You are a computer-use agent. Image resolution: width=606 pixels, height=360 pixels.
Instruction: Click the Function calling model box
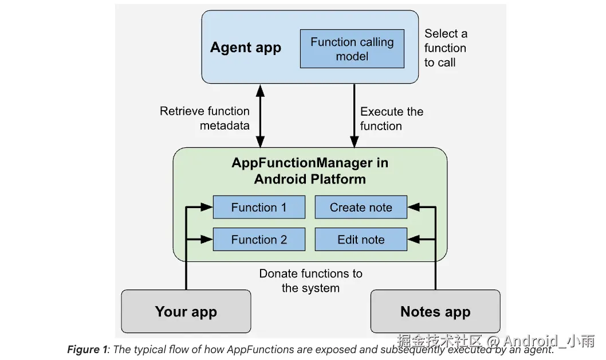[352, 49]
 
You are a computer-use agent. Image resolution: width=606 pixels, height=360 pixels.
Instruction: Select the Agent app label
[246, 48]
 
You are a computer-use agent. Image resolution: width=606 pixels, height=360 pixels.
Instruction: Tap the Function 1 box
[259, 208]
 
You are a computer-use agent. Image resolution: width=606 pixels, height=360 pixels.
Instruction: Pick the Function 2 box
[259, 240]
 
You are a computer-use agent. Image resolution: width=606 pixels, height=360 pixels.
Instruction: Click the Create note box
[361, 208]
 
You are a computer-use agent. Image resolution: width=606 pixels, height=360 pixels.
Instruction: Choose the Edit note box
[361, 240]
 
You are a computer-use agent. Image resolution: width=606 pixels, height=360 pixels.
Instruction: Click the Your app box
[186, 312]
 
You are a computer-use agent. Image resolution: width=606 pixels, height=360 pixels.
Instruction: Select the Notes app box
[435, 312]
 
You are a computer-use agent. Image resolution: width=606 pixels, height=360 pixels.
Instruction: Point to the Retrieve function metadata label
[205, 118]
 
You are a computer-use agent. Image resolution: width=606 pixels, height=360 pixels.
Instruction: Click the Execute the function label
[391, 119]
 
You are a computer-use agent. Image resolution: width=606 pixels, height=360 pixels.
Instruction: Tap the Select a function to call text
[445, 48]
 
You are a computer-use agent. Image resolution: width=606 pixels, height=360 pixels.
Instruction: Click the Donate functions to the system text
[310, 281]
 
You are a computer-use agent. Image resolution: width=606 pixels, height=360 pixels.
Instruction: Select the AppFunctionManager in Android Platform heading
[310, 170]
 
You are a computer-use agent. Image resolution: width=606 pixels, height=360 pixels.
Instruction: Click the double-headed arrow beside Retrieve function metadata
[261, 115]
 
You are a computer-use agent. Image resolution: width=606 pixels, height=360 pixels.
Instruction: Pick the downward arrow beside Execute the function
[353, 115]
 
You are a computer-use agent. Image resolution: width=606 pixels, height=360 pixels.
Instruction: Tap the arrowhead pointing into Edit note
[413, 239]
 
